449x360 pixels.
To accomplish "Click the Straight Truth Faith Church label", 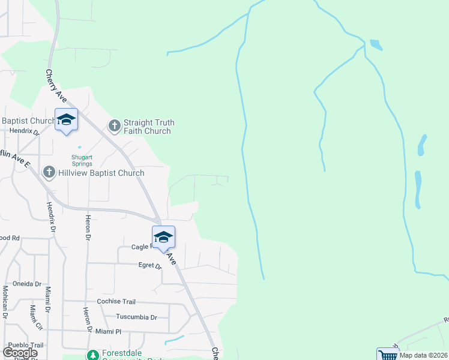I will pos(148,127).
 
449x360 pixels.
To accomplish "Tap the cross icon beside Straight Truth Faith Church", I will pos(114,126).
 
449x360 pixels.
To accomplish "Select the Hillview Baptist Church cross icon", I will pos(49,173).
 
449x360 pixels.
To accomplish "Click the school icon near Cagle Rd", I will pos(163,237).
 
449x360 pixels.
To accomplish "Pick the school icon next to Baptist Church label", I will pos(66,119).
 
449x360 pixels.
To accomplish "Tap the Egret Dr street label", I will pos(150,265).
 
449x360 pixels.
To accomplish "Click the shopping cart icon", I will pos(387,355).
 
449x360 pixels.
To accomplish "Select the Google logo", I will pos(20,352).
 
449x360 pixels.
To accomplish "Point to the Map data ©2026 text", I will pos(423,355).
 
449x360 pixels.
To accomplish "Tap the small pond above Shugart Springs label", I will pos(79,147).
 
